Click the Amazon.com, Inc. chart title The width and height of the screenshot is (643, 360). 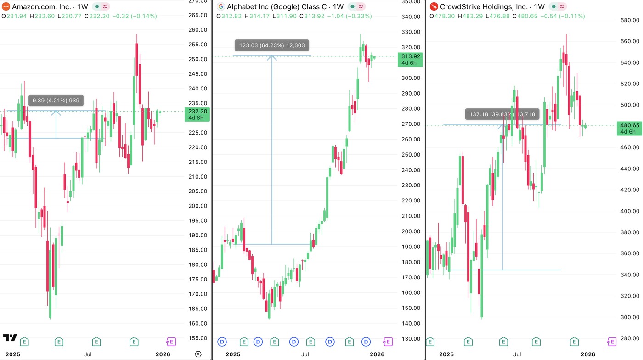(41, 7)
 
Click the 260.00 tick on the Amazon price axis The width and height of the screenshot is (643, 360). (198, 30)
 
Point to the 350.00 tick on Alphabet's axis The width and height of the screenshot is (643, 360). (411, 1)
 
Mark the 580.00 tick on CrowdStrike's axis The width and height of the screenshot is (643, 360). (630, 20)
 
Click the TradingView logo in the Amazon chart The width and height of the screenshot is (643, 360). (10, 338)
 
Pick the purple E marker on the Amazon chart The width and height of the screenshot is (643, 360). (171, 342)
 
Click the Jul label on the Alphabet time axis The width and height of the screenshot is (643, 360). (305, 354)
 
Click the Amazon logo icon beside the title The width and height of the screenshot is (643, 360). (6, 7)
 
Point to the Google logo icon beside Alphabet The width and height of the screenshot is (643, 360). (221, 7)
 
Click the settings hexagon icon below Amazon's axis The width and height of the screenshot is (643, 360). (198, 354)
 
